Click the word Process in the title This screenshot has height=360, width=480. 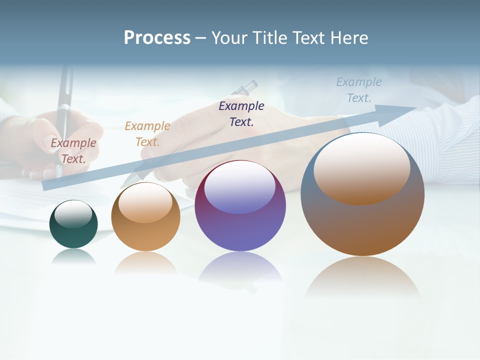coord(157,37)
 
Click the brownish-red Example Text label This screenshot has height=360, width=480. coord(73,150)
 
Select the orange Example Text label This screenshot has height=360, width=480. coord(147,133)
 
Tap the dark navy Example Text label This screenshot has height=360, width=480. coord(241,113)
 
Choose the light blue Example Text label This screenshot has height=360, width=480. coord(359,89)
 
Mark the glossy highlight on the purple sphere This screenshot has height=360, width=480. coord(239,188)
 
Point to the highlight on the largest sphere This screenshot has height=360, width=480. coord(362,170)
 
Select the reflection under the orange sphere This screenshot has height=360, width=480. coord(145,262)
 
